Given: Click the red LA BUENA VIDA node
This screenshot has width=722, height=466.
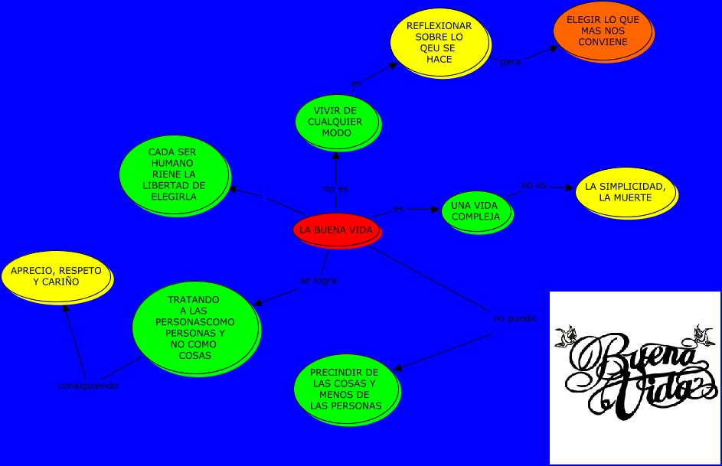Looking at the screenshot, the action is point(336,230).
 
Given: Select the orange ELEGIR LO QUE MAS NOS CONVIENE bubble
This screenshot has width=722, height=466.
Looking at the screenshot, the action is point(603,31).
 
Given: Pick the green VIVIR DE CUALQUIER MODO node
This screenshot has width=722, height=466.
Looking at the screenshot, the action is point(336,122).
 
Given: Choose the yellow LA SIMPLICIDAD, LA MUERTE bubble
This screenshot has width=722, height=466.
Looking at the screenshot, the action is point(625,192).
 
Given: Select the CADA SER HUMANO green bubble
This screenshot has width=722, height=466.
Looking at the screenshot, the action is point(174,174).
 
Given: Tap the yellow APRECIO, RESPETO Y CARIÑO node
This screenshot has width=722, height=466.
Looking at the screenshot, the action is point(56,276).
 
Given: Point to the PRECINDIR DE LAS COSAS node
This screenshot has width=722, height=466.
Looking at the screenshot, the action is point(345,389).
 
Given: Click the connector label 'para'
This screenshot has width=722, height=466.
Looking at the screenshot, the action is point(510,62).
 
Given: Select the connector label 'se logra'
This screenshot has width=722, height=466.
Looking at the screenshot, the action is point(318,280).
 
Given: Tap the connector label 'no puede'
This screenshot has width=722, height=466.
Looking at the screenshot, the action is point(515,318).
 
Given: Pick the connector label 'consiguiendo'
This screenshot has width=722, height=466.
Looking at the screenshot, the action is point(88,386).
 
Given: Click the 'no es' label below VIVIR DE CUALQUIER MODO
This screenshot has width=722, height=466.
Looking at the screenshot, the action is point(335,189).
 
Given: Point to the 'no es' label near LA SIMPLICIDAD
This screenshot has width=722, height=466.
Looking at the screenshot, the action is point(534,185).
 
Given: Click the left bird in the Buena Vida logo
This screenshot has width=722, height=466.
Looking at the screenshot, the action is point(567,336).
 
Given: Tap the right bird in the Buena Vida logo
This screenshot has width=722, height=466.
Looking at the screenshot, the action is point(703,334).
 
